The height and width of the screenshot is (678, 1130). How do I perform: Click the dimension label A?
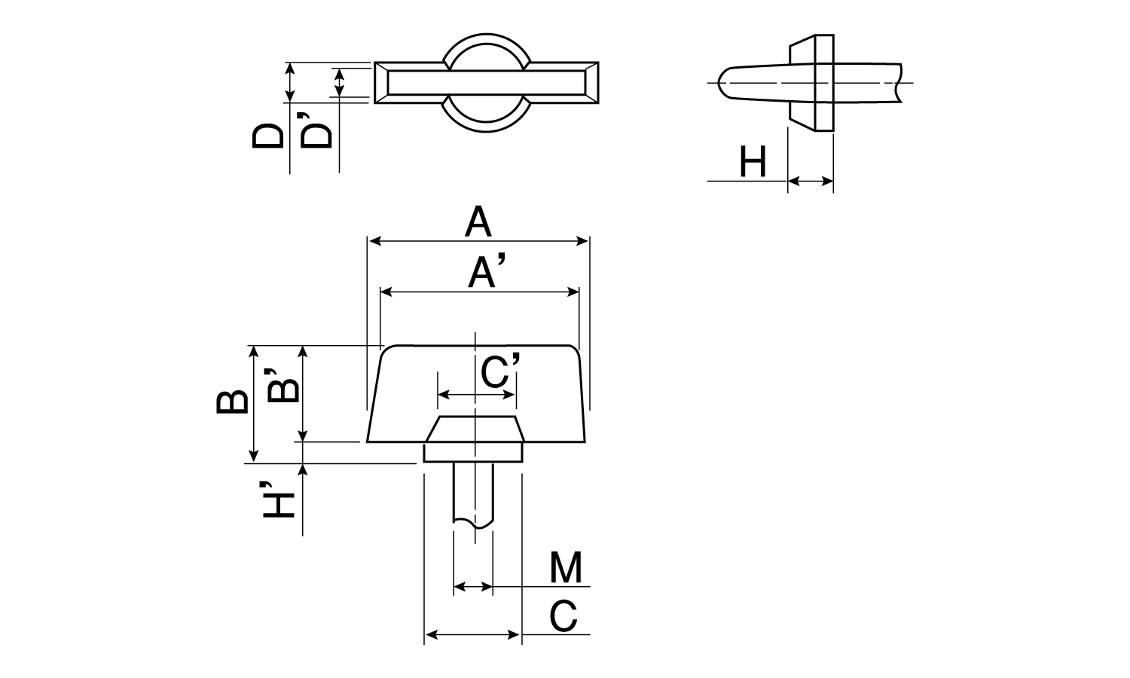pyautogui.click(x=478, y=222)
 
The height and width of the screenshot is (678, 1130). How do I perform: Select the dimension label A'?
pyautogui.click(x=487, y=271)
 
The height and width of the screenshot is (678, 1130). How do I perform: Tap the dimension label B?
pyautogui.click(x=233, y=402)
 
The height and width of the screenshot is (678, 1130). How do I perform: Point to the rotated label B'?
pyautogui.click(x=283, y=385)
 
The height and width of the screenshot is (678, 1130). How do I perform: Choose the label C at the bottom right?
pyautogui.click(x=563, y=615)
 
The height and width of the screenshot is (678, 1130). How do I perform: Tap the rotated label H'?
pyautogui.click(x=279, y=500)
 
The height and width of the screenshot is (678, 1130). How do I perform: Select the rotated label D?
pyautogui.click(x=267, y=136)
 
